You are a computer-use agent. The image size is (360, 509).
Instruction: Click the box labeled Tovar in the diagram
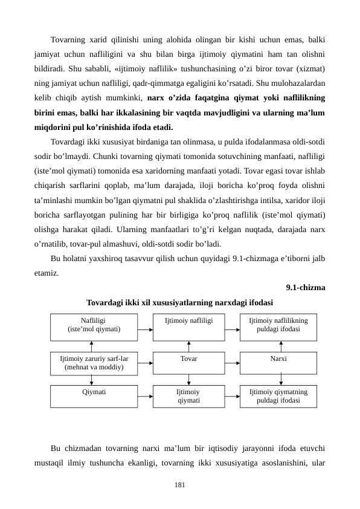(188, 362)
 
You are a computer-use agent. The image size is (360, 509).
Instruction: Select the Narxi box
(278, 362)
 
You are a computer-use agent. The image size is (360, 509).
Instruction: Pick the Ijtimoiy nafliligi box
(188, 327)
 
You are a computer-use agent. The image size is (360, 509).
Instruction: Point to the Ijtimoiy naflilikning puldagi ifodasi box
(278, 327)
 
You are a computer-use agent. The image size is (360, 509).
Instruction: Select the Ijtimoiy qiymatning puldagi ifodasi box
(278, 396)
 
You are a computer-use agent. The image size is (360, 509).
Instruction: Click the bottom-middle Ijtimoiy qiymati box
(188, 396)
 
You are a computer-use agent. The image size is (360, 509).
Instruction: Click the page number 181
(179, 485)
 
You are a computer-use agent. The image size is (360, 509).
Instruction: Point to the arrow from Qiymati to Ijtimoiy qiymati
(145, 397)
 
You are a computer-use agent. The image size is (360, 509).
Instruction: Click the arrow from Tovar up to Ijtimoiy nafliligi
(189, 346)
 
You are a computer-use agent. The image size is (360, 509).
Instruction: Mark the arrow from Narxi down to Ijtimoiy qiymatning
(281, 380)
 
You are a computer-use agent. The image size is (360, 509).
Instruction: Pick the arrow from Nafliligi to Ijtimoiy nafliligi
(145, 330)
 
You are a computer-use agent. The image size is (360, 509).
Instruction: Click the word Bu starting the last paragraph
(56, 449)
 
